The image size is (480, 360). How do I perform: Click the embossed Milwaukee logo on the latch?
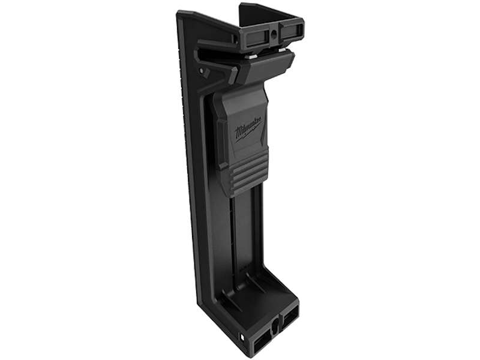coord(248,129)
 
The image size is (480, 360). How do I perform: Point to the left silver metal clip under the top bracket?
coord(252,56)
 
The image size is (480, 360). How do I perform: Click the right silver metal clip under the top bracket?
coord(282,49)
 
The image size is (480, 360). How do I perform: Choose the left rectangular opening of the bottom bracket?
coord(262,340)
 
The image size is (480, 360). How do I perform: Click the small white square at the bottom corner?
coord(243,338)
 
